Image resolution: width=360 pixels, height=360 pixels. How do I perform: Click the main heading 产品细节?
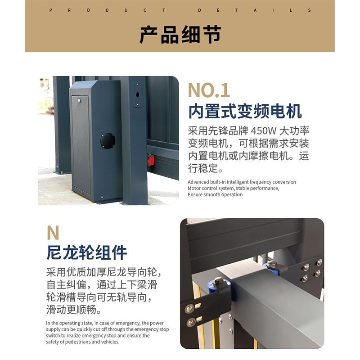click(x=180, y=35)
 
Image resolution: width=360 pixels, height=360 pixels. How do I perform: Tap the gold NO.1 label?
click(x=208, y=90)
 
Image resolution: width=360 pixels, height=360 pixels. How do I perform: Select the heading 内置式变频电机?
click(x=245, y=111)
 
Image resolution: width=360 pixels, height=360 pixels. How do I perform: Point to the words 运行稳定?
click(x=205, y=170)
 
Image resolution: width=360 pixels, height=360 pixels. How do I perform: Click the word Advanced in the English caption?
click(x=198, y=182)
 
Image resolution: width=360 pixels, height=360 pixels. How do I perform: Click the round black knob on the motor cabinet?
click(x=108, y=140)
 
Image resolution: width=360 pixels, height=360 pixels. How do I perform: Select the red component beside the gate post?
click(x=151, y=160)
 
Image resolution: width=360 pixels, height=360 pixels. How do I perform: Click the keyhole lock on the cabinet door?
click(x=79, y=101)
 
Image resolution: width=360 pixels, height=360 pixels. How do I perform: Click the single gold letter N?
click(x=53, y=233)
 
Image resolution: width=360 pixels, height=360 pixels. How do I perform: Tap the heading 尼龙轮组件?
click(x=87, y=253)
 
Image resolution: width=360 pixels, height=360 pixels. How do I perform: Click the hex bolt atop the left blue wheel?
click(x=219, y=282)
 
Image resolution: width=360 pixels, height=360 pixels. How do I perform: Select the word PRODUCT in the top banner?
click(x=107, y=10)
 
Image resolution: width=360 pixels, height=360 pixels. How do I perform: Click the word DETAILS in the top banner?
click(x=254, y=10)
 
